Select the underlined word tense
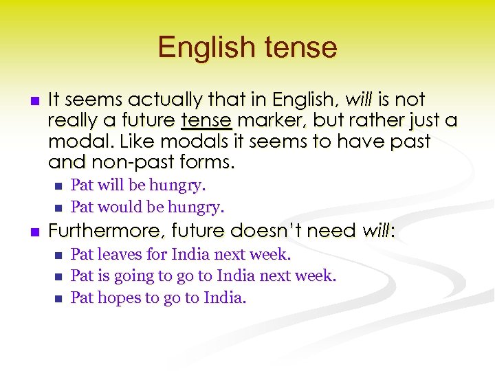206,121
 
